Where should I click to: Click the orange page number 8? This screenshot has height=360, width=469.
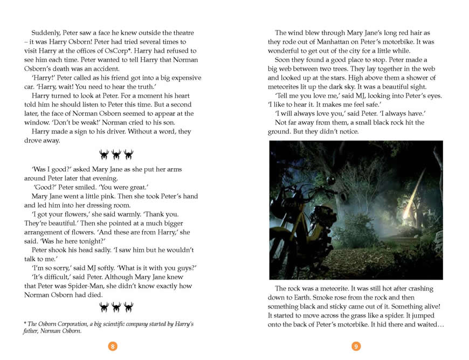pyautogui.click(x=112, y=347)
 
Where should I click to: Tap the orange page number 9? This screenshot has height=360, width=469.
pyautogui.click(x=355, y=347)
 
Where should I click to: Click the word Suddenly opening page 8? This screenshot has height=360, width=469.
pyautogui.click(x=46, y=33)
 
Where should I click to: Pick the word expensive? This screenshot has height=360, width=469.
pyautogui.click(x=176, y=78)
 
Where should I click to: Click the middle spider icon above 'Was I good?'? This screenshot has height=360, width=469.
pyautogui.click(x=116, y=155)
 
